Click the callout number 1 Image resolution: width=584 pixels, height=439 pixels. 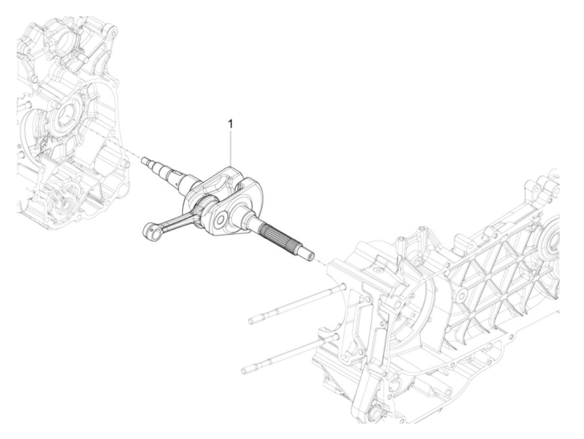(x=230, y=124)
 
